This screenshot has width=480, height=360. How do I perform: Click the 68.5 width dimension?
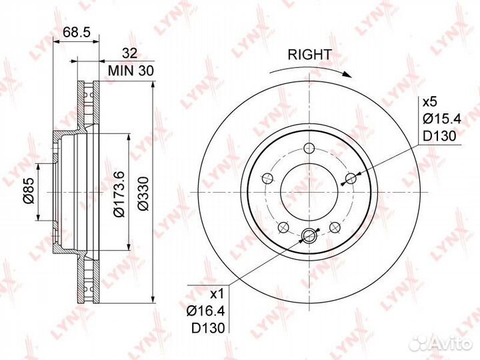77,32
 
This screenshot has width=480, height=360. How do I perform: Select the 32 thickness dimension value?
130,53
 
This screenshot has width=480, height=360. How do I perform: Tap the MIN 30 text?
131,71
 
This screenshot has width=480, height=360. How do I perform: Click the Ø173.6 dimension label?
119,193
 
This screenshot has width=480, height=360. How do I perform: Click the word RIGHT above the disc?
309,55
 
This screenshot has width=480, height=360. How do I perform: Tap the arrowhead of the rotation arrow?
347,75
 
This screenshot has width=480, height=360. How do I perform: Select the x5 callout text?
431,101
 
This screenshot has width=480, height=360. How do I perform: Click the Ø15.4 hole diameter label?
442,119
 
